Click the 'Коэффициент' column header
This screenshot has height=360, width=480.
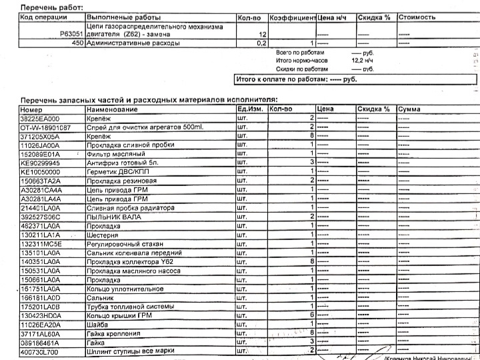click(x=292, y=17)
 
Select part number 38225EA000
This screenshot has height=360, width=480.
click(x=41, y=117)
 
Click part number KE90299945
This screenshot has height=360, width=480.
click(x=41, y=162)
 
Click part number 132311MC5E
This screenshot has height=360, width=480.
click(x=41, y=244)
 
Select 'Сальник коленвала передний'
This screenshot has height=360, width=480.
click(x=134, y=253)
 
